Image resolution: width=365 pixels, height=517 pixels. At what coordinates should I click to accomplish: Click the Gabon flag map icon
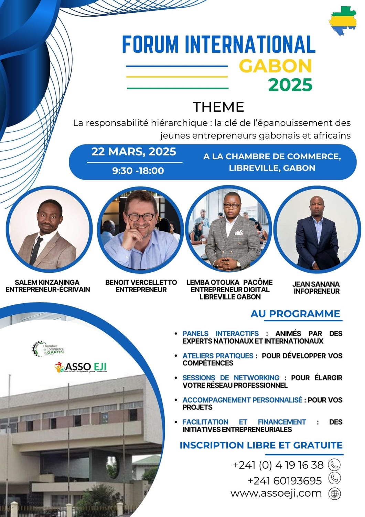pyautogui.click(x=343, y=20)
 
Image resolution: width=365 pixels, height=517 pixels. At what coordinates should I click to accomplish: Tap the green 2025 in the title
pyautogui.click(x=291, y=85)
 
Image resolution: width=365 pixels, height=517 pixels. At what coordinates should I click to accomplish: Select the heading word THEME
pyautogui.click(x=218, y=107)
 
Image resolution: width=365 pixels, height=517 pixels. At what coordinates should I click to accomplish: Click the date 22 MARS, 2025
pyautogui.click(x=134, y=152)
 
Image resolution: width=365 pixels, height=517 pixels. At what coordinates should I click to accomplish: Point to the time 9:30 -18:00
pyautogui.click(x=138, y=171)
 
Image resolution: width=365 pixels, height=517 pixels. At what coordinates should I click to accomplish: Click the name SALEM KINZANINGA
pyautogui.click(x=47, y=282)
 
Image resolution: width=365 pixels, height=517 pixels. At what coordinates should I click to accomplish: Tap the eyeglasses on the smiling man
pyautogui.click(x=141, y=217)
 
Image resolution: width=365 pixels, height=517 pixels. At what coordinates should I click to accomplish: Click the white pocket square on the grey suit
pyautogui.click(x=239, y=232)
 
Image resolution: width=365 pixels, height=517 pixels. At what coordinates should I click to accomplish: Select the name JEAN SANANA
pyautogui.click(x=316, y=284)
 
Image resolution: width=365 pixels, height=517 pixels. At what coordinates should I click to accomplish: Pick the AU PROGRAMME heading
pyautogui.click(x=296, y=314)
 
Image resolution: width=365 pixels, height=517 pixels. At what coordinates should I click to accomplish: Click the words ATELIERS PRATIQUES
pyautogui.click(x=218, y=356)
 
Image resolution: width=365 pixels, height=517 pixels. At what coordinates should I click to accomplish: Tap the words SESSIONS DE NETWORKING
pyautogui.click(x=231, y=378)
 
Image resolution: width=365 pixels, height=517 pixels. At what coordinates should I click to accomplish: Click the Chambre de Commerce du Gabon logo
pyautogui.click(x=48, y=349)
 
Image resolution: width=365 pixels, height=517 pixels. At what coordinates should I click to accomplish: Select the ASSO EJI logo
pyautogui.click(x=80, y=367)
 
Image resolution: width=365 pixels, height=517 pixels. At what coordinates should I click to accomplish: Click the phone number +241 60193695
pyautogui.click(x=285, y=481)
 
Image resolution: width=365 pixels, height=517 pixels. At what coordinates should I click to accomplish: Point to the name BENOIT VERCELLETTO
pyautogui.click(x=141, y=282)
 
